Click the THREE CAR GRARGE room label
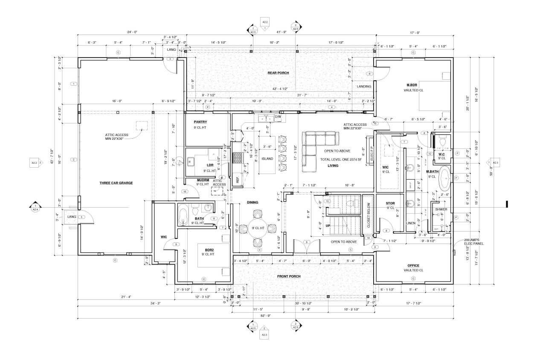tap(116, 183)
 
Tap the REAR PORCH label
tap(278, 73)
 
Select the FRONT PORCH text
tap(289, 276)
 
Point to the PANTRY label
tap(200, 122)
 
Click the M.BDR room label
tap(411, 85)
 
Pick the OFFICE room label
tap(413, 265)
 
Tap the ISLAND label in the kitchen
tap(267, 158)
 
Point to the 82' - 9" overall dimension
tap(265, 316)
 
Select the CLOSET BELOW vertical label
tap(369, 215)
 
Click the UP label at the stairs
tap(328, 225)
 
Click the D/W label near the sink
tap(278, 116)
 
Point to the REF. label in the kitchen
tap(237, 180)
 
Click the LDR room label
tap(210, 165)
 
